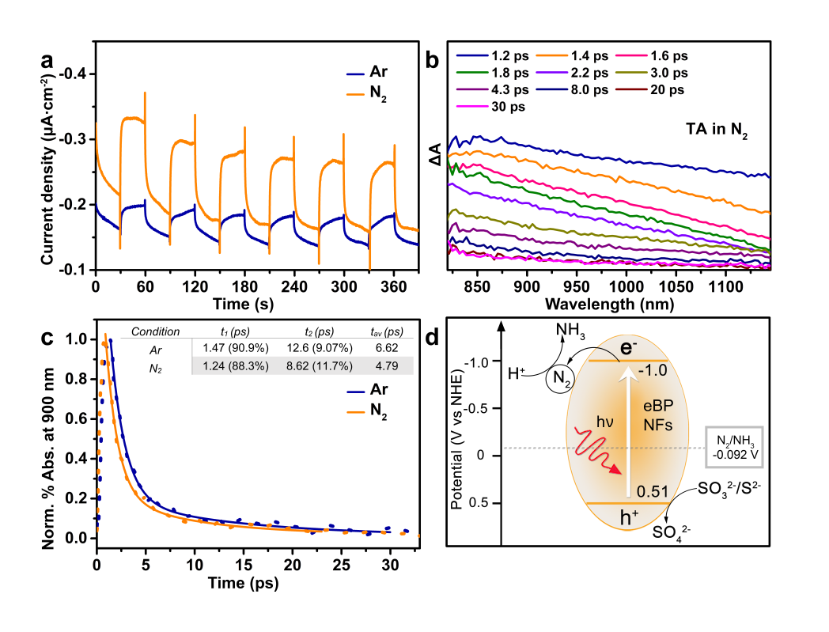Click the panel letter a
point(48,61)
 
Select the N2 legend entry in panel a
point(379,100)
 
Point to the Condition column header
point(155,331)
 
